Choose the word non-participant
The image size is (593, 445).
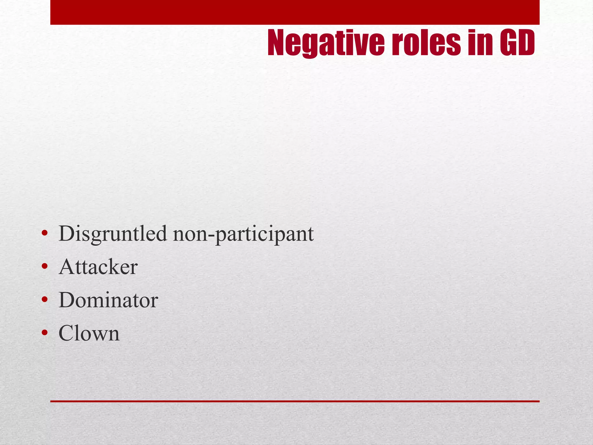tap(243, 234)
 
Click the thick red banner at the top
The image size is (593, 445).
tap(295, 12)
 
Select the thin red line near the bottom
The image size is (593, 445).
tap(295, 401)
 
